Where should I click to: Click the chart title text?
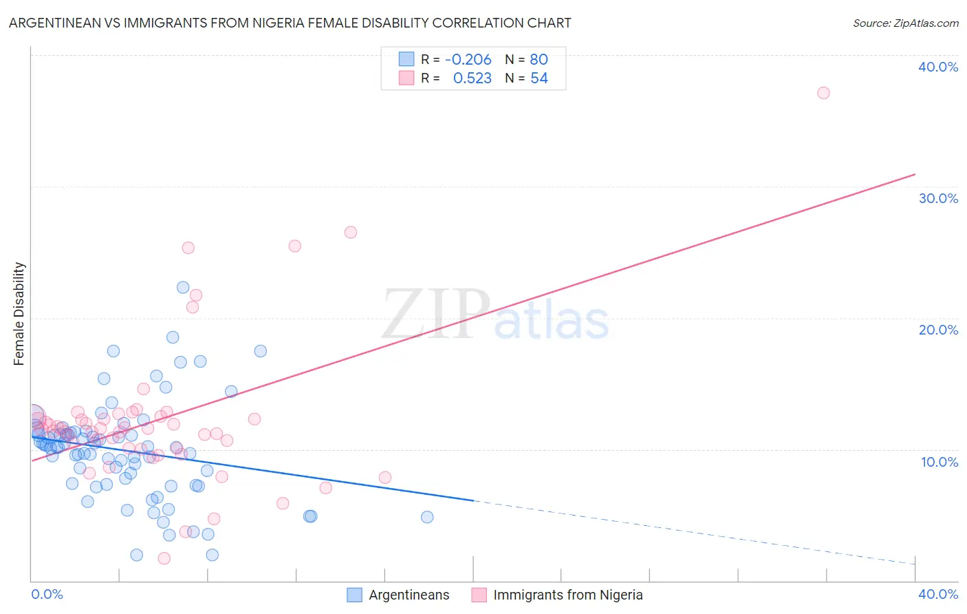(290, 23)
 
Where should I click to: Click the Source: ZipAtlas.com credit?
(905, 23)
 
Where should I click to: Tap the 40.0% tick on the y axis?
(938, 67)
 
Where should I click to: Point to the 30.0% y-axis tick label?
(938, 198)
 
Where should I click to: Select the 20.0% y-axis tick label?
(938, 330)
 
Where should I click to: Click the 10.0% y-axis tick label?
(938, 462)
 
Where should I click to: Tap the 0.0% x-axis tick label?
(47, 594)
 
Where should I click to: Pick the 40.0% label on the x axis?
(938, 594)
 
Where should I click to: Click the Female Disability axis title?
(19, 314)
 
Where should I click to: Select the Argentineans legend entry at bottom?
(409, 595)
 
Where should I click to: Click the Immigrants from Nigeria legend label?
(567, 595)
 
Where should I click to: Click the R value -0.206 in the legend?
(468, 59)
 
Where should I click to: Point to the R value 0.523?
(472, 78)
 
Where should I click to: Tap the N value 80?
(539, 59)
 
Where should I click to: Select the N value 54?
(539, 78)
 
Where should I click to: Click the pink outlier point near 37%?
(823, 93)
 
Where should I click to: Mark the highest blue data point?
(183, 288)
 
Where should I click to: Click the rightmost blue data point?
(427, 517)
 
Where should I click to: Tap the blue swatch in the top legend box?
(406, 59)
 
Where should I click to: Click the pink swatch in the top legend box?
(406, 78)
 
